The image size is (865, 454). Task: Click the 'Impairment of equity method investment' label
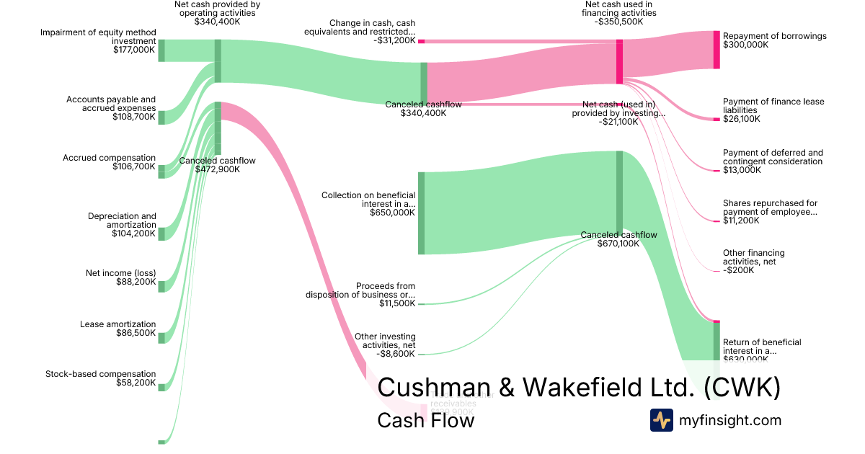[x=97, y=37]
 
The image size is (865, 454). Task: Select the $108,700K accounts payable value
[x=133, y=117]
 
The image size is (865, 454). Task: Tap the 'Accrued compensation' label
[x=109, y=158]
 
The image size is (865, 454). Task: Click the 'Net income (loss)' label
[x=120, y=273]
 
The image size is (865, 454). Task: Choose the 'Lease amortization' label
[x=117, y=324]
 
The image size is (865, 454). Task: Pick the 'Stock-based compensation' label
[x=100, y=374]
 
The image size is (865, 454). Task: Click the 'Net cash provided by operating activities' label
[x=217, y=8]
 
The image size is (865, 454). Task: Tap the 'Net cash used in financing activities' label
[x=618, y=8]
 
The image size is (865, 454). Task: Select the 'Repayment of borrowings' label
[x=774, y=36]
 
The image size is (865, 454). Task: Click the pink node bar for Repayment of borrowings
[x=717, y=50]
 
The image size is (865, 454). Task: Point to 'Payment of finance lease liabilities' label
[x=773, y=106]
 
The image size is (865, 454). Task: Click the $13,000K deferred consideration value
[x=742, y=171]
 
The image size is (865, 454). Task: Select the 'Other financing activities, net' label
[x=753, y=257]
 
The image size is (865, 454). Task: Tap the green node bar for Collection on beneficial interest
[x=422, y=213]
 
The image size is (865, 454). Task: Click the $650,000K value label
[x=392, y=213]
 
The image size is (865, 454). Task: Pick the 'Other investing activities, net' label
[x=385, y=341]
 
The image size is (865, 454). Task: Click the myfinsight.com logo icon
[x=662, y=419]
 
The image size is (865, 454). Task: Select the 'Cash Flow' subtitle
[x=425, y=420]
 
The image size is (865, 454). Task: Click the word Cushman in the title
[x=433, y=387]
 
